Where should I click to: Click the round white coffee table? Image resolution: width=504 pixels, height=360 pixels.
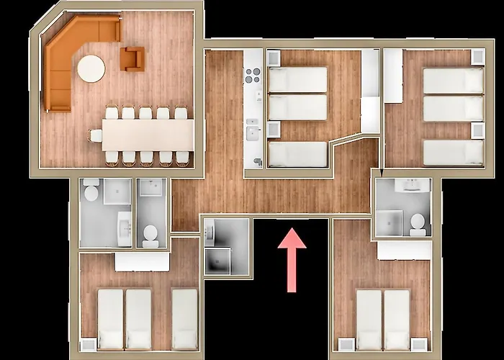[x=91, y=69]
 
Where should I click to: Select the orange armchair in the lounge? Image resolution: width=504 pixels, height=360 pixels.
[x=132, y=58]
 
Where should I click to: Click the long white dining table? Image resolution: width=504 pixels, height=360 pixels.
[x=148, y=134]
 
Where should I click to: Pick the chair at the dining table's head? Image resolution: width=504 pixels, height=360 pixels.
[x=95, y=135]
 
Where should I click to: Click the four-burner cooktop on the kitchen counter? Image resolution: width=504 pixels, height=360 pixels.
[x=253, y=76]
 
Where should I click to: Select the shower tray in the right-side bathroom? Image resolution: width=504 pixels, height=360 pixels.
[x=389, y=222]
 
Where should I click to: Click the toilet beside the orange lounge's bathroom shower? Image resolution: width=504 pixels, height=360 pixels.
[x=91, y=192]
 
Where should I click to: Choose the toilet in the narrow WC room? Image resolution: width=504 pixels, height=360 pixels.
[x=150, y=233]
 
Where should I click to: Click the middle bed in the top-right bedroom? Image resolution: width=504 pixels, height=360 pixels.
[x=453, y=109]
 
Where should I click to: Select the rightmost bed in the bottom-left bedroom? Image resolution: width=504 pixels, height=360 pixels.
[x=184, y=319]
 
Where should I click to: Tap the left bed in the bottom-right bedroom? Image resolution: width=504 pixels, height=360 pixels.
[x=369, y=319]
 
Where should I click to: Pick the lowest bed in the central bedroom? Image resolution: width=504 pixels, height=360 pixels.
[x=298, y=154]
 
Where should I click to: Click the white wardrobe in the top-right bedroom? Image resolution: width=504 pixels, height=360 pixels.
[x=393, y=76]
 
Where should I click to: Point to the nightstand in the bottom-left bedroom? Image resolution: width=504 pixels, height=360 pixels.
[x=88, y=344]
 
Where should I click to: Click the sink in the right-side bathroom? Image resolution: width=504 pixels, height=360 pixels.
[x=412, y=186]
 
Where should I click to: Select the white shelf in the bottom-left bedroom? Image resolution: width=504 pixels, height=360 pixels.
[x=142, y=261]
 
